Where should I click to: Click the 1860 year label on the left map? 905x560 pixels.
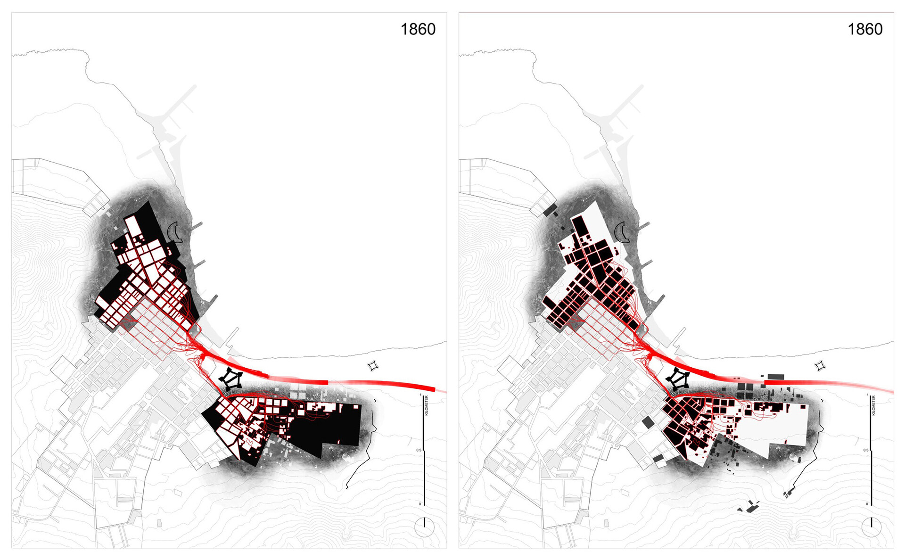click(x=418, y=29)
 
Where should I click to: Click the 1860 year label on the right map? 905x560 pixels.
click(x=865, y=29)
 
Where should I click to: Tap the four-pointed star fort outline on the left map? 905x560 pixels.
click(x=373, y=366)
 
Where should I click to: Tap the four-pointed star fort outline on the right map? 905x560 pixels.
click(x=820, y=366)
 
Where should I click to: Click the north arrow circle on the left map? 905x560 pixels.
click(x=424, y=527)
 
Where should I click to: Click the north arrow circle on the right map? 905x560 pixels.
click(x=872, y=527)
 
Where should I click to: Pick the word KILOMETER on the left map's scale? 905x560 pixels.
click(x=427, y=405)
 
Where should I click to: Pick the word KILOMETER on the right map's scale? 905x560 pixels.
click(x=874, y=405)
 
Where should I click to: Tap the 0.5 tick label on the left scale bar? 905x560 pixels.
click(x=419, y=450)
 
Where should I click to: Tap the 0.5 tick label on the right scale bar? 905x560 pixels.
click(x=866, y=450)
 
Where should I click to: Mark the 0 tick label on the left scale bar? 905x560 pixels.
click(x=420, y=504)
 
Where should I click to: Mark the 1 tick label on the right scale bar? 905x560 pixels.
click(x=867, y=395)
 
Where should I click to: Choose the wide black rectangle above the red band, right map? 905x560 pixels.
click(x=775, y=377)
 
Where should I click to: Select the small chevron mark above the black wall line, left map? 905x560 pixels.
click(x=375, y=401)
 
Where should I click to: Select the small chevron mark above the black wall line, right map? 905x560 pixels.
click(x=822, y=401)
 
